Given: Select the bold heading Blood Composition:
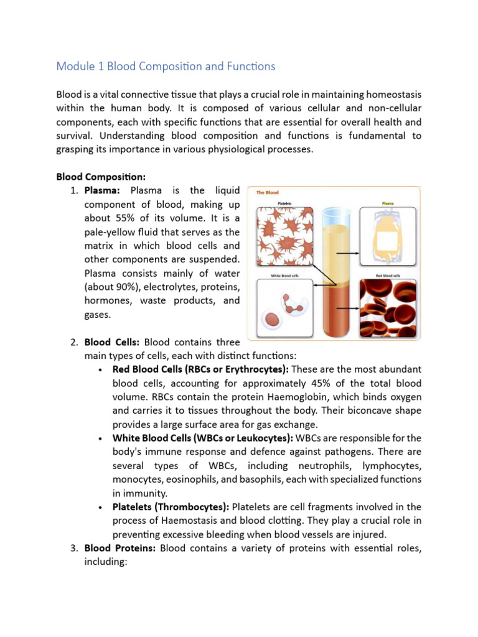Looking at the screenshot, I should pyautogui.click(x=101, y=176).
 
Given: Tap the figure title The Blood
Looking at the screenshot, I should pyautogui.click(x=268, y=193).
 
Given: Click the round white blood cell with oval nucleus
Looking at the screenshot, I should pyautogui.click(x=273, y=318).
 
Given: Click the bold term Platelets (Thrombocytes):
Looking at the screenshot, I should pyautogui.click(x=171, y=507).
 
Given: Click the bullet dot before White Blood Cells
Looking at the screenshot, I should pyautogui.click(x=101, y=439).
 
